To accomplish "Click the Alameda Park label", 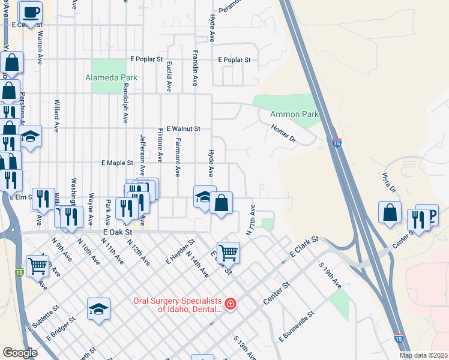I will pyautogui.click(x=111, y=77).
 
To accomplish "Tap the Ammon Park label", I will pyautogui.click(x=294, y=114).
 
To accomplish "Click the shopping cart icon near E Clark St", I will pyautogui.click(x=228, y=252).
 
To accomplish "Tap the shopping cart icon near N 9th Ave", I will pyautogui.click(x=37, y=265).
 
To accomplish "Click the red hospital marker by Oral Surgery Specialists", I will pyautogui.click(x=231, y=304).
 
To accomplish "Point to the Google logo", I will pyautogui.click(x=20, y=353).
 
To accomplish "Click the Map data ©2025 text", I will pyautogui.click(x=423, y=355).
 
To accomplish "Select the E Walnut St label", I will pyautogui.click(x=183, y=128).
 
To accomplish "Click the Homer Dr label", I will pyautogui.click(x=284, y=132).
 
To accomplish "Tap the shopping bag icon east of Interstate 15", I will pyautogui.click(x=390, y=212).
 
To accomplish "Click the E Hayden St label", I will pyautogui.click(x=181, y=253).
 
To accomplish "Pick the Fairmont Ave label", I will pyautogui.click(x=178, y=157).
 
